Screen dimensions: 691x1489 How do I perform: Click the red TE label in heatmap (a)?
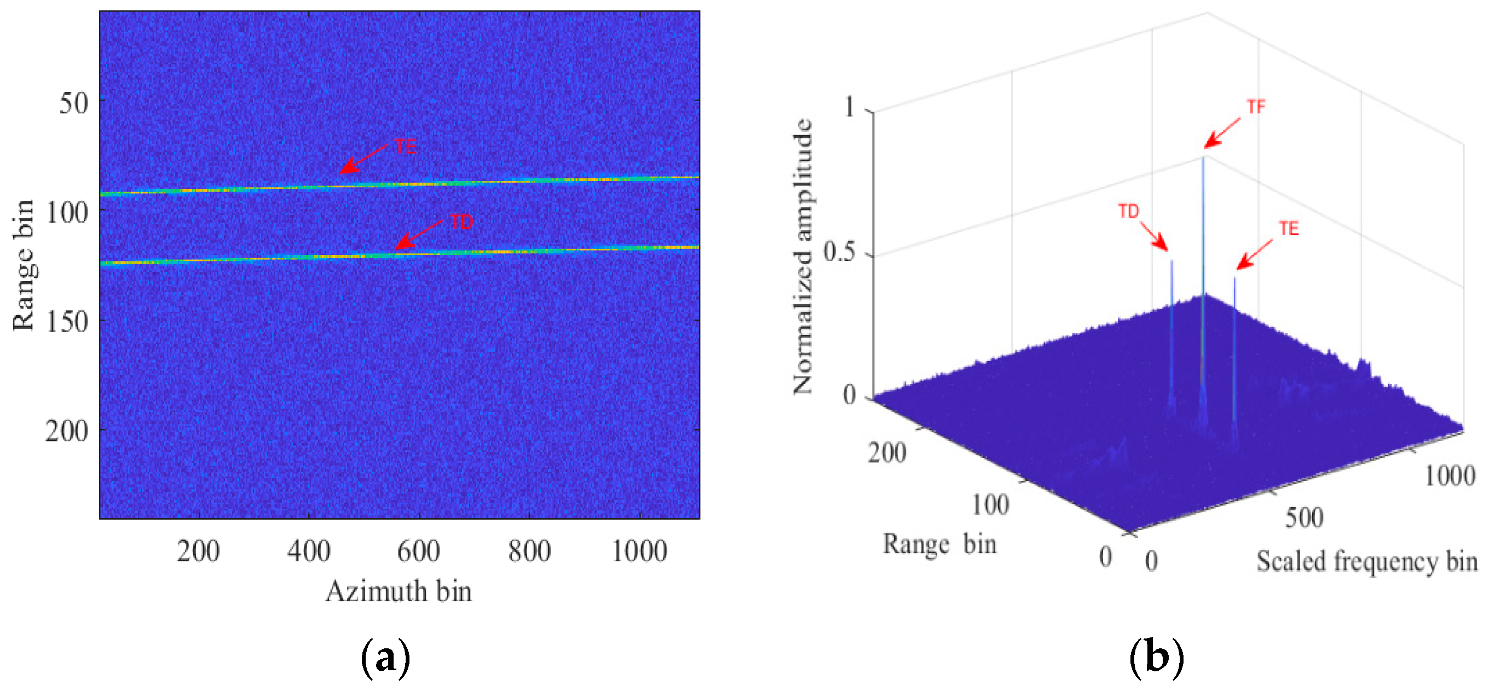tap(406, 146)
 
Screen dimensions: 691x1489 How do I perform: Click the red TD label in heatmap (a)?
tap(461, 222)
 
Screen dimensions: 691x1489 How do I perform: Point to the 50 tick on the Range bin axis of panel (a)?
tap(73, 103)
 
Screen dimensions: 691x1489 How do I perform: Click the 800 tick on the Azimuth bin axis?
tap(529, 550)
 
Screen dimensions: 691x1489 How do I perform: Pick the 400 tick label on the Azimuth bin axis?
tap(309, 550)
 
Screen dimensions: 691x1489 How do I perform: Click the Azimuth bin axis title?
tap(399, 591)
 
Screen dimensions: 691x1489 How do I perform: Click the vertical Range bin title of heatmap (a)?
tap(24, 265)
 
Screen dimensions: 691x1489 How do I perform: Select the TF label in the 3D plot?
tap(1256, 107)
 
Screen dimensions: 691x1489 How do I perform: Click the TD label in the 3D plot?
tap(1128, 212)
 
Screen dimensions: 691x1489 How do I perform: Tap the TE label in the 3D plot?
tap(1289, 229)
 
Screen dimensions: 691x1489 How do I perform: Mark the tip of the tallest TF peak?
tap(1203, 157)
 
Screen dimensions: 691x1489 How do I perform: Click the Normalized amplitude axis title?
tap(803, 257)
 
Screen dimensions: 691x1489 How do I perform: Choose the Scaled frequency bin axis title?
tap(1366, 561)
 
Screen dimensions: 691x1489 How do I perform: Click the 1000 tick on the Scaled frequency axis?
tap(1449, 475)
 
